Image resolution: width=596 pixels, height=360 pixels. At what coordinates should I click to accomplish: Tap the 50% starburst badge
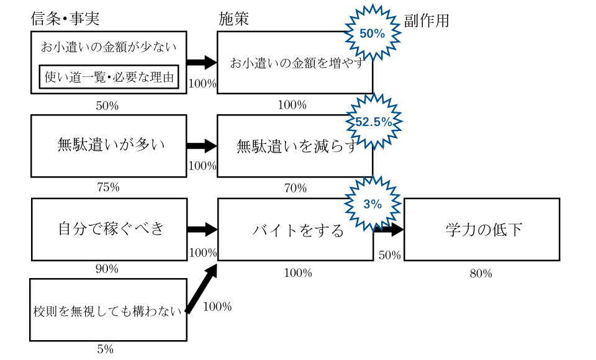[x=372, y=34]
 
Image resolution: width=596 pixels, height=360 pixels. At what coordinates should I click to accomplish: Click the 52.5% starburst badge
[x=373, y=122]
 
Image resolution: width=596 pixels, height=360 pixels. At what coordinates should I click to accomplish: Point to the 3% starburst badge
[x=372, y=204]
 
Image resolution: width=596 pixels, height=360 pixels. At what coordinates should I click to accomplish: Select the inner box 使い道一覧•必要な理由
[x=109, y=78]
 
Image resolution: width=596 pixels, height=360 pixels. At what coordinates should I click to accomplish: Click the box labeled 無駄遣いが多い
[x=109, y=146]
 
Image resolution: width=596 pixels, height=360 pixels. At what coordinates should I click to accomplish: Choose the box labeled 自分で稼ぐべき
[x=109, y=229]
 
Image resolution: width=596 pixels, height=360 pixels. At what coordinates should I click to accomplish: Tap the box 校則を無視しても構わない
[x=108, y=310]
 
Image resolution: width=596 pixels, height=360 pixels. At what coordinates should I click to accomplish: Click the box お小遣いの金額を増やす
[x=295, y=63]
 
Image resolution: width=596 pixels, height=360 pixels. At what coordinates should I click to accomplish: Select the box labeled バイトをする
[x=295, y=230]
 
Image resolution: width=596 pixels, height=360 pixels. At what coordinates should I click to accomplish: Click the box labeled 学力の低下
[x=482, y=229]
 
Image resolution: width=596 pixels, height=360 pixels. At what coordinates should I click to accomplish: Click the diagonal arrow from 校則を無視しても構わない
[x=202, y=289]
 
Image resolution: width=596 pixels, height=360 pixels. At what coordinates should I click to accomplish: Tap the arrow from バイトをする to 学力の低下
[x=389, y=230]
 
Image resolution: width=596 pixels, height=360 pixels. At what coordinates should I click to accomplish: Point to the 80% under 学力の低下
[x=481, y=273]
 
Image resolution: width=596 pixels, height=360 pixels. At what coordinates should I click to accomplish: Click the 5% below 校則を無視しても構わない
[x=105, y=349]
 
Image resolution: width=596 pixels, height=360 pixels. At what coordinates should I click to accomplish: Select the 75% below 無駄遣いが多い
[x=108, y=187]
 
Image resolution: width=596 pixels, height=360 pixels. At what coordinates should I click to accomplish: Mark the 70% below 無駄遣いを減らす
[x=295, y=188]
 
